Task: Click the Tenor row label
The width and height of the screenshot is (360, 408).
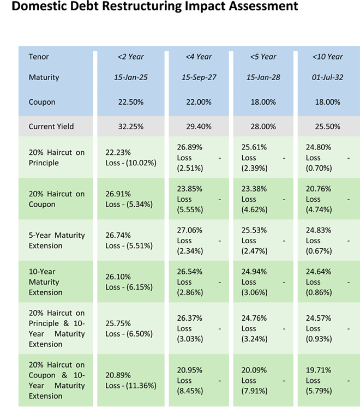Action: pos(38,57)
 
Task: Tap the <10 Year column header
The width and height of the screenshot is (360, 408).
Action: pos(327,57)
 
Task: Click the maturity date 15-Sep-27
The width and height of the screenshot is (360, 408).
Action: pos(199,77)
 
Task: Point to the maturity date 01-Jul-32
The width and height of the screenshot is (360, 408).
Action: pos(327,77)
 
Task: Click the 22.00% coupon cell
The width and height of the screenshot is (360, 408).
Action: pos(199,102)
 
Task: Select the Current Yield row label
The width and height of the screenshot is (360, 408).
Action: pos(51,127)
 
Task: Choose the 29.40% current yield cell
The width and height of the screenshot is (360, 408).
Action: pos(199,127)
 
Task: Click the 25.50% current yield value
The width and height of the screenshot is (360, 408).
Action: pos(327,127)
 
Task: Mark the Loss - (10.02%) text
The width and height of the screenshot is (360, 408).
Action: pos(129,163)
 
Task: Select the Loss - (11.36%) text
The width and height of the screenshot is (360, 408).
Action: pos(131,385)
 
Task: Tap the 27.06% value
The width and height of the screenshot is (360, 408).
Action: pos(189,230)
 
